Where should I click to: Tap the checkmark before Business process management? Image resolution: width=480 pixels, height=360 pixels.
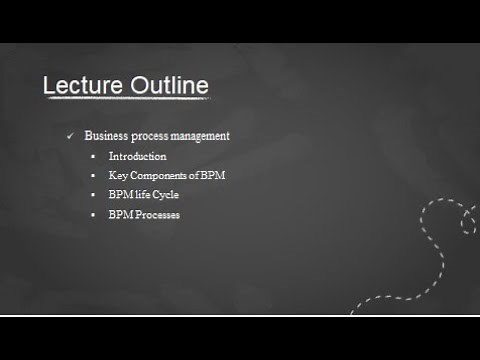70,136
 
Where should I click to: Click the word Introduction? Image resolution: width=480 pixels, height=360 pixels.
137,156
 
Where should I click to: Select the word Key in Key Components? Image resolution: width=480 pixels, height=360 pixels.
116,176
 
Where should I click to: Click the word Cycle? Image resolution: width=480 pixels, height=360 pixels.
165,195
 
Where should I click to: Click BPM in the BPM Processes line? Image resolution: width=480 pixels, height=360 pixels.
119,215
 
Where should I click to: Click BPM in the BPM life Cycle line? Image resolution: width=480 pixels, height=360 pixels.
119,195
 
